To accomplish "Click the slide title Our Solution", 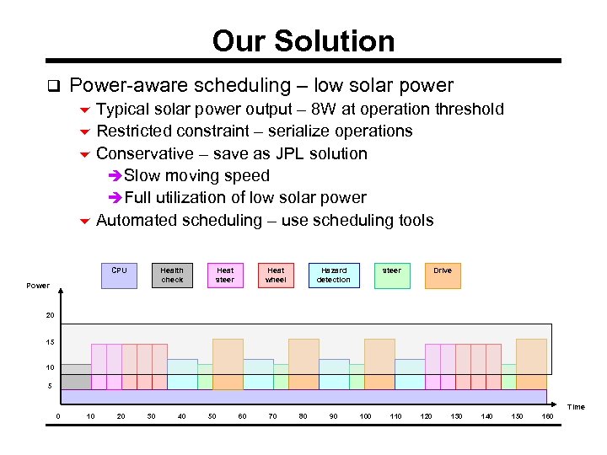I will [303, 40].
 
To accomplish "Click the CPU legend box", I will [120, 276].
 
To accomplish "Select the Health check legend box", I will [172, 276].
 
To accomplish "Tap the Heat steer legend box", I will [225, 276].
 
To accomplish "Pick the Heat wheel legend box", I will [276, 276].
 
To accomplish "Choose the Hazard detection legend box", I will [334, 276].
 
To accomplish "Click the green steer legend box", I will [392, 276].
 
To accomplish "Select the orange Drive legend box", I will [443, 276].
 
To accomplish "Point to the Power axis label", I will [38, 286].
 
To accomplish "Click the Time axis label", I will [576, 407].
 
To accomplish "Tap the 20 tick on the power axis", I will [51, 315].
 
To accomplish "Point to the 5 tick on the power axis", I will [49, 387].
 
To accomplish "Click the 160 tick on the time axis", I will [547, 417].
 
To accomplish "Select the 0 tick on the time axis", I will [58, 417].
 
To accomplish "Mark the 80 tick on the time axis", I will [303, 417].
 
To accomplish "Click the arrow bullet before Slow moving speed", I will [116, 176].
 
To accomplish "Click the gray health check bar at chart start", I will [76, 377].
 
